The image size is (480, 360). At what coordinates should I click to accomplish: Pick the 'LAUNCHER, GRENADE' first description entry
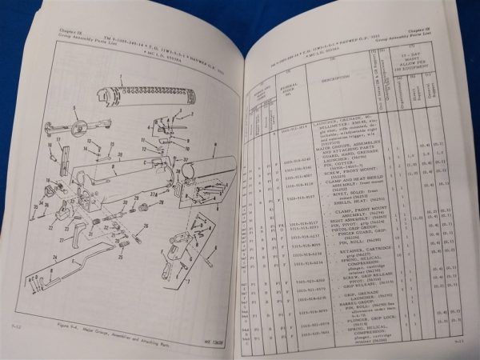coord(334,131)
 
